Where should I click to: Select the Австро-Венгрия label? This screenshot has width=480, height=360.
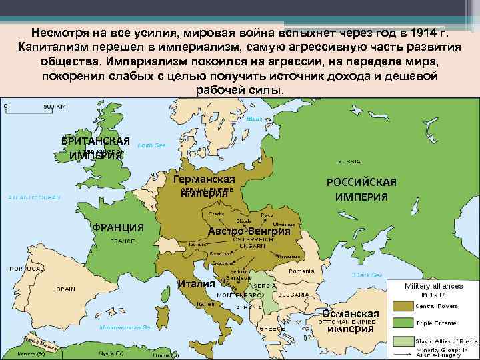pos(249,231)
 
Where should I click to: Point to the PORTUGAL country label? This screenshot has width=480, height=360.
pos(26,268)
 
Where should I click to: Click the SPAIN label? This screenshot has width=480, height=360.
pos(65,289)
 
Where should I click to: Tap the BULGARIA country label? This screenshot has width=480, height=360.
pos(293,294)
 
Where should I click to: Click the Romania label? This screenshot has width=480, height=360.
pos(301,271)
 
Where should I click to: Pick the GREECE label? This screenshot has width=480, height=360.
pos(273,328)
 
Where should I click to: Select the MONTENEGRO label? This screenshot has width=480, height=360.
pos(239,294)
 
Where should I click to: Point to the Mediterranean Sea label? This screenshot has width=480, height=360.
pos(126,327)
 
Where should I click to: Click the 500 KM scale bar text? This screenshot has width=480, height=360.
pos(55,106)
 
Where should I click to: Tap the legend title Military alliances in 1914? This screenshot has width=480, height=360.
pos(433,289)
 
